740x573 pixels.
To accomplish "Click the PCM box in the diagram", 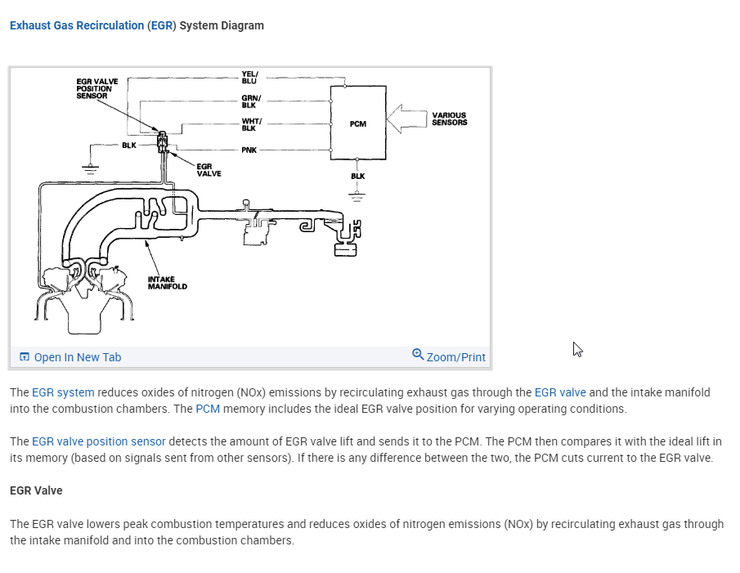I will (x=357, y=123).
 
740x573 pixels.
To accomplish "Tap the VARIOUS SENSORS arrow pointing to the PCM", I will (x=406, y=119).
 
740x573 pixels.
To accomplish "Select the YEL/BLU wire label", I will (x=249, y=78).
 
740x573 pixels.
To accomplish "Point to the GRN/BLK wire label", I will (x=250, y=101).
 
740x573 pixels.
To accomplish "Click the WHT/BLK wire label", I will (x=250, y=125).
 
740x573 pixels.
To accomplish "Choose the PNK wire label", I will (x=249, y=150).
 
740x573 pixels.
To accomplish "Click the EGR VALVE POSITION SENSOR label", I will (x=97, y=89).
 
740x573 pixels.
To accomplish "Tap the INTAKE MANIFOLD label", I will (x=167, y=283).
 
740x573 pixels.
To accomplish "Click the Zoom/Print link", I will (x=455, y=357).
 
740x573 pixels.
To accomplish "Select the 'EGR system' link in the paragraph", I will (x=63, y=392).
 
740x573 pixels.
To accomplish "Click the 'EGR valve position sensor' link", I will (x=98, y=441).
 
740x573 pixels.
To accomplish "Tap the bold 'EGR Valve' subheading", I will (x=36, y=490).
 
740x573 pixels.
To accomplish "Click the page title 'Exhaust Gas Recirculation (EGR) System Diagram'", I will (x=137, y=25).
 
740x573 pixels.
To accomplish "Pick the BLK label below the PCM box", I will (x=357, y=176).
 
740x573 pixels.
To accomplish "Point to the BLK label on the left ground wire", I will (x=128, y=145).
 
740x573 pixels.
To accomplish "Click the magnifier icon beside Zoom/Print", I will (x=418, y=355).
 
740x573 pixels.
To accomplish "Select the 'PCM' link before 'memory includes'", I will (x=207, y=409).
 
